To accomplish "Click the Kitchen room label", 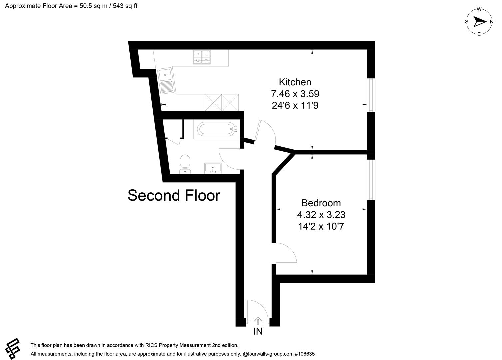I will click(x=295, y=82).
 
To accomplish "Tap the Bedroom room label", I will click(x=321, y=203).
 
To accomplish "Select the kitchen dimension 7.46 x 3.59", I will click(x=295, y=94).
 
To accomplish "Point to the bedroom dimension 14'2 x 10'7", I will click(x=321, y=227).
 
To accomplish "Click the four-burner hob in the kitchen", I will click(x=202, y=57).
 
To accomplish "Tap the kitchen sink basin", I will click(x=165, y=74).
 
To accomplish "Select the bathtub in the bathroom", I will click(x=216, y=129).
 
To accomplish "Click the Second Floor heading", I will click(x=174, y=196).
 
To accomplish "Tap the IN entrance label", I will click(x=258, y=331).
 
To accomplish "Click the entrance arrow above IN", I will click(x=258, y=321).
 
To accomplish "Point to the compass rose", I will click(x=479, y=22).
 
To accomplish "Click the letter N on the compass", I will click(x=491, y=22).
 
